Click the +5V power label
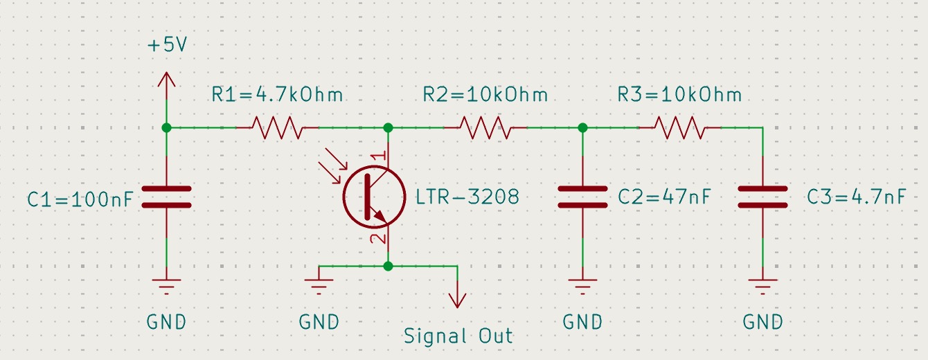coord(167,46)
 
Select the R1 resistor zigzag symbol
coord(277,127)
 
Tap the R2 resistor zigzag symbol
coord(485,127)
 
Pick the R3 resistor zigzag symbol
coord(679,127)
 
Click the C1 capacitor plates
coord(166,197)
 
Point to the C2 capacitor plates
coord(582,197)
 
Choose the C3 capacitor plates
coord(762,197)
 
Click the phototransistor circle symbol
coord(375,197)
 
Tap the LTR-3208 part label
coord(467,197)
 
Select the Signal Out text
coord(458,336)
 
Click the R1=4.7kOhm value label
coord(277,94)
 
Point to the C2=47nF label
coord(664,197)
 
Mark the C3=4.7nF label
coord(856,197)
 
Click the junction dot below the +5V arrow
coord(166,127)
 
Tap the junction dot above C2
coord(582,127)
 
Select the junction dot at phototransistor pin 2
coord(388,266)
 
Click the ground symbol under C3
coord(762,285)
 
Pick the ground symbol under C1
coord(166,285)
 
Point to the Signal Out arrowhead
coord(457,300)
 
